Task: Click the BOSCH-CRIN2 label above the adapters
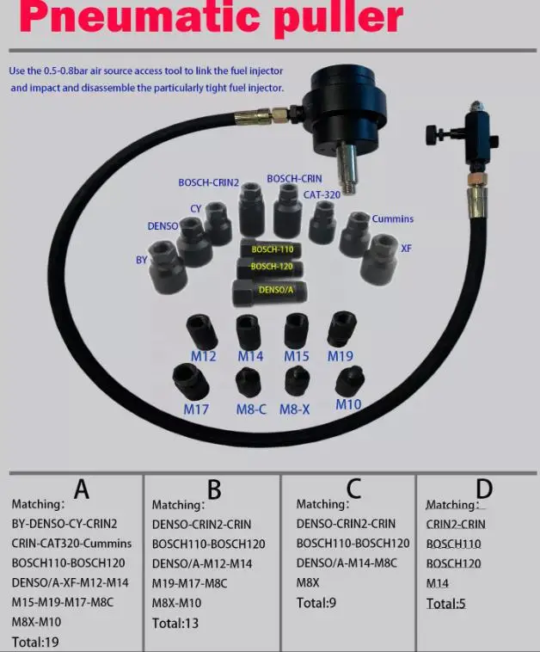(x=208, y=182)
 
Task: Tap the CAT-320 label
(x=323, y=194)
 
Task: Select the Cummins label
(x=392, y=219)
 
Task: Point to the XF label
(x=406, y=248)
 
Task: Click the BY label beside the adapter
(x=142, y=259)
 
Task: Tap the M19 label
(x=341, y=356)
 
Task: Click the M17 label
(x=196, y=409)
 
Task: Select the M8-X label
(x=294, y=409)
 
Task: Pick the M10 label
(x=348, y=404)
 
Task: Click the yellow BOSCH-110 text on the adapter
(x=272, y=249)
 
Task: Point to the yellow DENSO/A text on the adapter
(x=274, y=290)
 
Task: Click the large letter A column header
(x=82, y=489)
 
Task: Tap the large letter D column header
(x=484, y=489)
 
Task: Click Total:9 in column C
(x=316, y=603)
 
